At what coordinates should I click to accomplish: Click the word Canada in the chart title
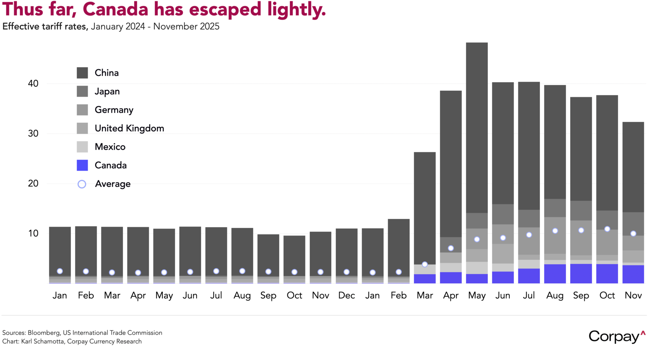[x=115, y=9]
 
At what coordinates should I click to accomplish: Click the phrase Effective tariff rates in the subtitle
[x=44, y=27]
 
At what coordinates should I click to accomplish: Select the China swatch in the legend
[x=82, y=73]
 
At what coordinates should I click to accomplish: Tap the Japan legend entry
[x=107, y=91]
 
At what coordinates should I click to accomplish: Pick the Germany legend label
[x=114, y=110]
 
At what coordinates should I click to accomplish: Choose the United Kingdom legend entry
[x=129, y=129]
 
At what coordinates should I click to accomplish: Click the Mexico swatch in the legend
[x=82, y=147]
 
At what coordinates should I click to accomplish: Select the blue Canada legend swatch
[x=82, y=165]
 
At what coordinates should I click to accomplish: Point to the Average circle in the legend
[x=82, y=184]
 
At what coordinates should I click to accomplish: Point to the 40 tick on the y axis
[x=33, y=84]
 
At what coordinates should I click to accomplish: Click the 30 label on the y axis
[x=33, y=134]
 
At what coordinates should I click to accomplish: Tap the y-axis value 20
[x=33, y=184]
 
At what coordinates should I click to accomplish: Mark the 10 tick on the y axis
[x=33, y=233]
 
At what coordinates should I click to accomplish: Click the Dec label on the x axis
[x=347, y=296]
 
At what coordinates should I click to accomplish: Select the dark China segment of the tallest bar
[x=477, y=126]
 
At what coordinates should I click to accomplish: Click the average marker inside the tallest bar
[x=477, y=239]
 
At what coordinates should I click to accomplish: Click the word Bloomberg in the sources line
[x=44, y=333]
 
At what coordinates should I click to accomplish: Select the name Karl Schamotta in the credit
[x=43, y=342]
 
